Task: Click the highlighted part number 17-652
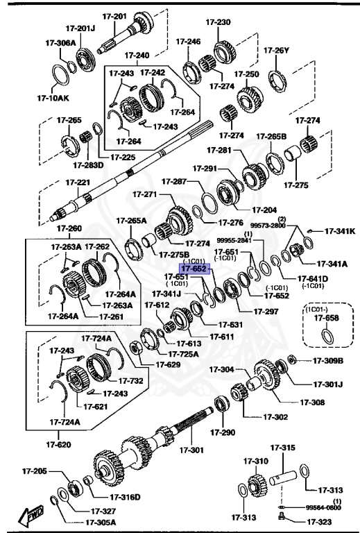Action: (x=194, y=268)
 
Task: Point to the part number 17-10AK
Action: (x=53, y=98)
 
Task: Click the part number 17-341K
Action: (x=340, y=231)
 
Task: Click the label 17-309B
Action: (x=328, y=360)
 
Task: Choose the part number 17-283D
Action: (x=88, y=164)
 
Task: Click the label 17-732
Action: (x=130, y=380)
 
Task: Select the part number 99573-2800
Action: (x=268, y=226)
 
